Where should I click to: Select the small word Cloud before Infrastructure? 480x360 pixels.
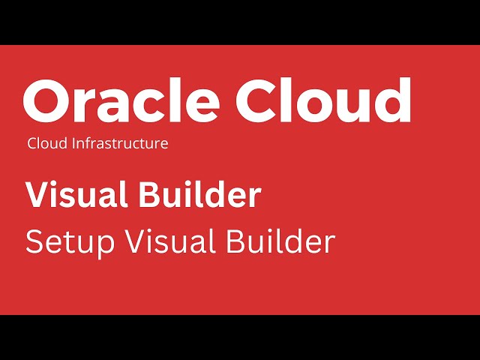[x=46, y=143]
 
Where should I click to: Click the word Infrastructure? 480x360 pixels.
[x=119, y=143]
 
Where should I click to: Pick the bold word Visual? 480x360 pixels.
[x=76, y=195]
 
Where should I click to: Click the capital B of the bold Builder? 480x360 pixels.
[x=150, y=196]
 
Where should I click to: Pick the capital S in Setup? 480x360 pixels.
[x=34, y=242]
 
